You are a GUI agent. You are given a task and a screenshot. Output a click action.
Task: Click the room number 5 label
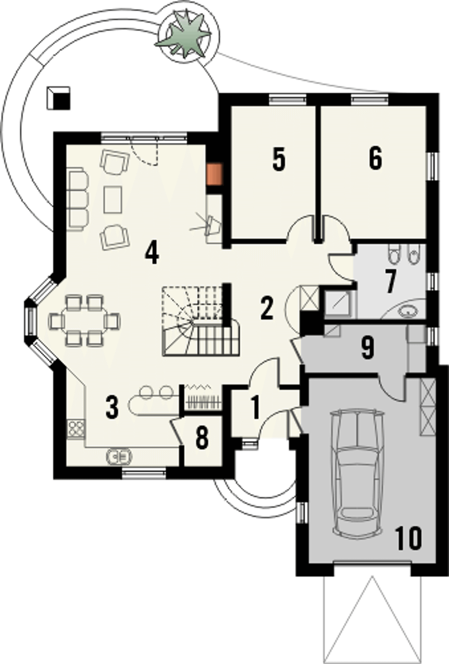pyautogui.click(x=279, y=159)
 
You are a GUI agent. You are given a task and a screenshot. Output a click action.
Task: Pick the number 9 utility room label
pyautogui.click(x=367, y=348)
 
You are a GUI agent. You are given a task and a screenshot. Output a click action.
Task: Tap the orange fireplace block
pyautogui.click(x=214, y=174)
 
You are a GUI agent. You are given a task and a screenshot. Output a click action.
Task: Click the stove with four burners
pyautogui.click(x=76, y=430)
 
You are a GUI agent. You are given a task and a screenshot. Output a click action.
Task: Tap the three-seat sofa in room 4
pyautogui.click(x=78, y=199)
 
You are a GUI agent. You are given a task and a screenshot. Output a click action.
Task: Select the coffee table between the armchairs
pyautogui.click(x=113, y=199)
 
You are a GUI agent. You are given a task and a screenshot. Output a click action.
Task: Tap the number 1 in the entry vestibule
pyautogui.click(x=255, y=407)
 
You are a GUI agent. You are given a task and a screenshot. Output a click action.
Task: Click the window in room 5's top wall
pyautogui.click(x=288, y=100)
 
